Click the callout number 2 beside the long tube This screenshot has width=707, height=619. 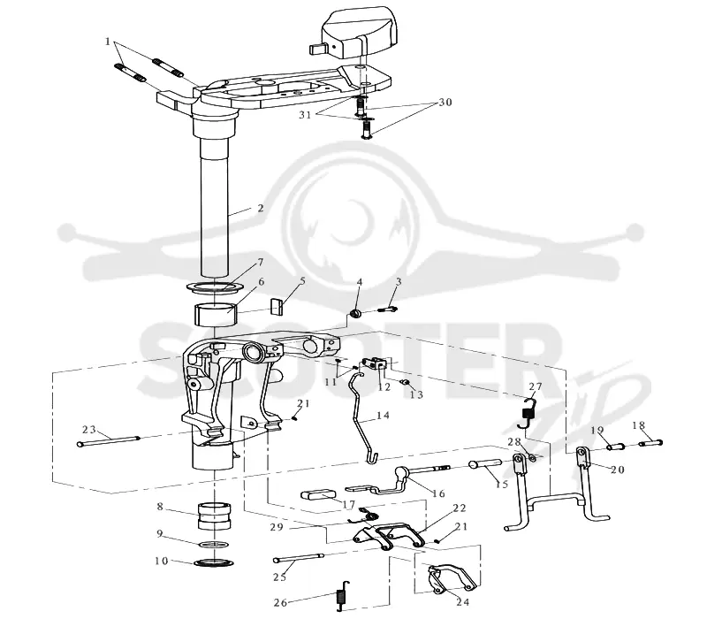(x=260, y=209)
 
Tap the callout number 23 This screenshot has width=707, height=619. (x=89, y=429)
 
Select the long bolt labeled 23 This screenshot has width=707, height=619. (x=109, y=440)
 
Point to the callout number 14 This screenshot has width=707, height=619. (x=383, y=415)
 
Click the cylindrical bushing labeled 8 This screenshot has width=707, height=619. (x=215, y=516)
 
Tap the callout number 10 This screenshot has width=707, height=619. (x=162, y=561)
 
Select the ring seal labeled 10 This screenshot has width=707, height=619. (x=214, y=562)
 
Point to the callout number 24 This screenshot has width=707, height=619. (x=462, y=601)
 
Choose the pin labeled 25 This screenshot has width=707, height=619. (x=298, y=558)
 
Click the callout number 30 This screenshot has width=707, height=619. (x=445, y=103)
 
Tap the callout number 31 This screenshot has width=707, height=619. (x=305, y=115)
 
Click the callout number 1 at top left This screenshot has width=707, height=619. (x=108, y=42)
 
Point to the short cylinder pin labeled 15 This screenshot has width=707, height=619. (x=485, y=463)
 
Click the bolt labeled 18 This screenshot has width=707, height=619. (x=651, y=443)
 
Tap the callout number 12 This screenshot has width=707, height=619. (x=384, y=386)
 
